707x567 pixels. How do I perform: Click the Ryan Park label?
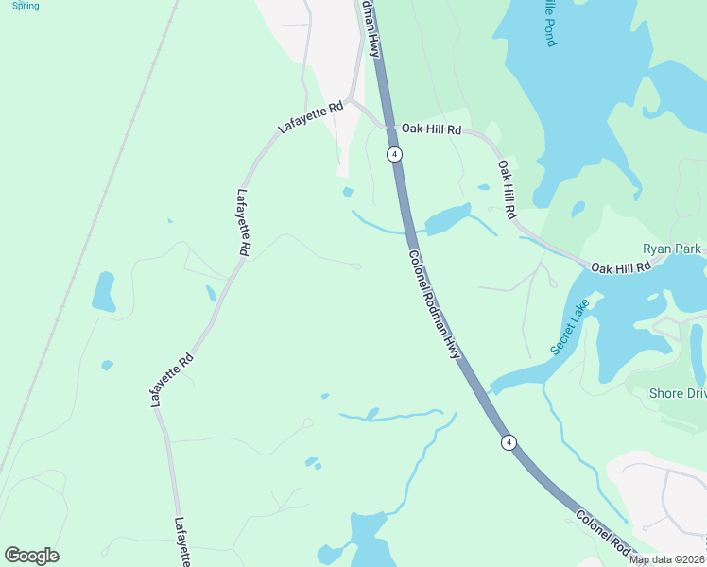[672, 249]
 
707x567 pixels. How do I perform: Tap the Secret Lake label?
[569, 327]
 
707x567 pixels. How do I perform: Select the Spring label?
[26, 6]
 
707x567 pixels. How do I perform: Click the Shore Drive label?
[678, 393]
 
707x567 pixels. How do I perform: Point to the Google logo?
[31, 556]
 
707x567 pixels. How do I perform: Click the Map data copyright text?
[667, 559]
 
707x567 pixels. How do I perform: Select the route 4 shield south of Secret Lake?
[509, 442]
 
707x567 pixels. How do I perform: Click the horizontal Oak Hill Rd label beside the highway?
[430, 129]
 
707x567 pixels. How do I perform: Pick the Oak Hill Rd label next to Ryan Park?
[622, 268]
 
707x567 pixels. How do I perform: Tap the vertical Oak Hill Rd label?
[508, 189]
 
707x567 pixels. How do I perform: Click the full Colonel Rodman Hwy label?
[434, 303]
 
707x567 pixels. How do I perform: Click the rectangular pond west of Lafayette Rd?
[103, 292]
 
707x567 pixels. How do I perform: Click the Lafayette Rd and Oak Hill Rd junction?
[350, 98]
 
